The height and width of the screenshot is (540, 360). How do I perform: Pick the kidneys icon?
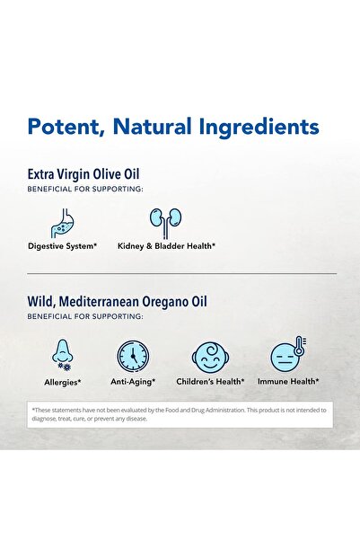tap(165, 220)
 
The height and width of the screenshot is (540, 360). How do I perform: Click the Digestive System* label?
tap(62, 245)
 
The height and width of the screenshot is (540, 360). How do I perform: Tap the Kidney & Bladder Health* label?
tap(166, 245)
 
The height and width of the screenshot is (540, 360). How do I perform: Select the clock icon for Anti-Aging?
tap(133, 356)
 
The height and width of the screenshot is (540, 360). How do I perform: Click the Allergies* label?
tap(61, 382)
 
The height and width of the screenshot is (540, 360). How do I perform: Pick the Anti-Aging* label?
tap(133, 382)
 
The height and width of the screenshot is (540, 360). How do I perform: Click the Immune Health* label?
tap(287, 382)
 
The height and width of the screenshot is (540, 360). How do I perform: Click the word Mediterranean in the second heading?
tap(107, 302)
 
